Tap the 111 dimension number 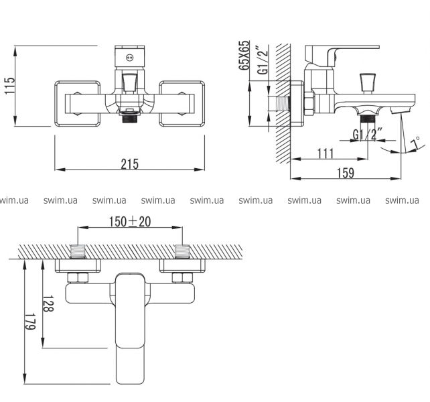324,153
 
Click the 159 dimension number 344,173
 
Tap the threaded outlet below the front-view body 129,118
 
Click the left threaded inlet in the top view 79,252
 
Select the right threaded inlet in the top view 181,252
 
